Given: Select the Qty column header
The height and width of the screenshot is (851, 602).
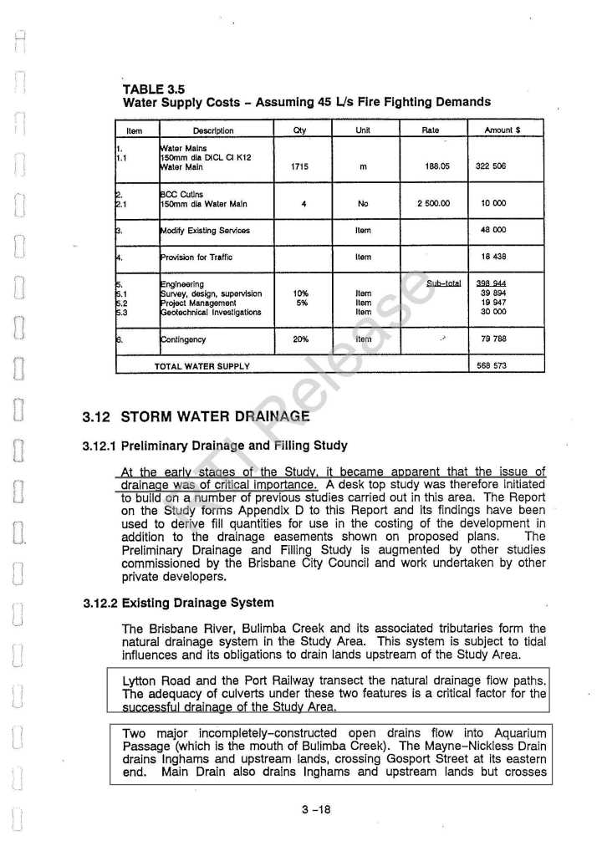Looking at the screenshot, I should pyautogui.click(x=302, y=130).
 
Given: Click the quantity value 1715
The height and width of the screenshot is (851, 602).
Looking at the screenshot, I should pyautogui.click(x=301, y=166).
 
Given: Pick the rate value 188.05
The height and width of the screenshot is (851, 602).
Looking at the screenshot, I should pyautogui.click(x=436, y=166).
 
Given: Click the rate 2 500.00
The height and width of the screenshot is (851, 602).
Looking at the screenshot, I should pyautogui.click(x=434, y=203).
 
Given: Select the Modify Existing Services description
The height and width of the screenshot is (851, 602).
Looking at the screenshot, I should pyautogui.click(x=204, y=230).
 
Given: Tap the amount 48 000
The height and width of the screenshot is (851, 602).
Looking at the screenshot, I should pyautogui.click(x=491, y=230).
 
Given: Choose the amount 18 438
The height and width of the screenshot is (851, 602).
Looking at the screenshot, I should pyautogui.click(x=491, y=257).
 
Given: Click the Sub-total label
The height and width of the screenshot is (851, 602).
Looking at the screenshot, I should pyautogui.click(x=443, y=284).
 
